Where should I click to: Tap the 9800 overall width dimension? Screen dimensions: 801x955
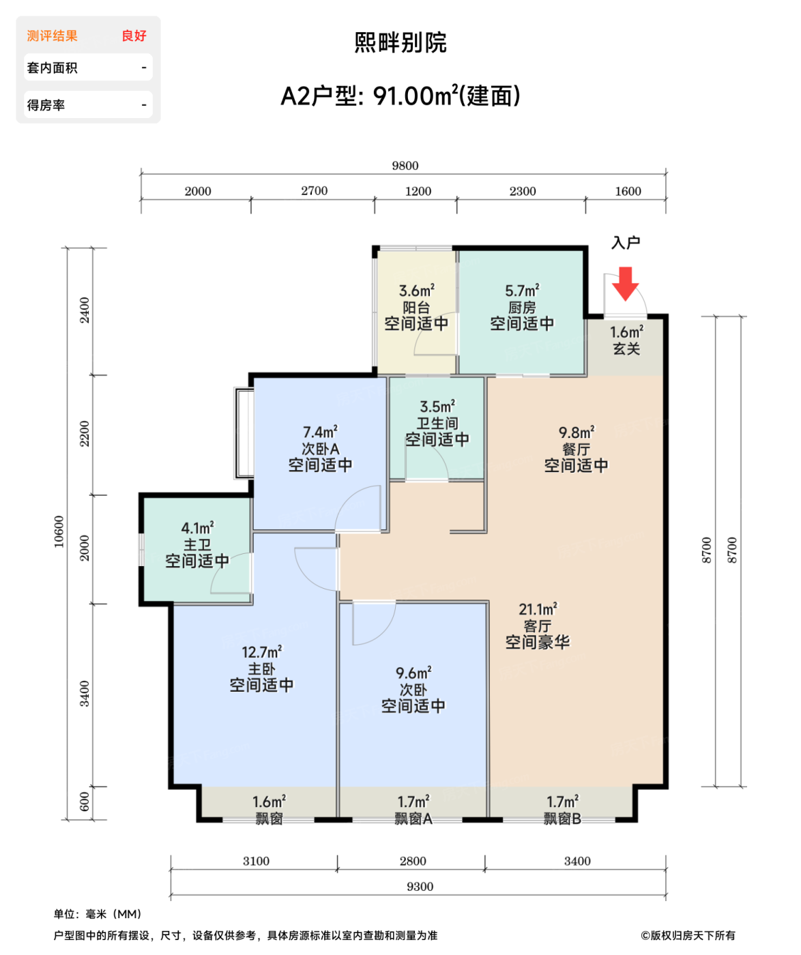click(405, 166)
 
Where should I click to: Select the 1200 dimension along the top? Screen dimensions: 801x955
click(418, 191)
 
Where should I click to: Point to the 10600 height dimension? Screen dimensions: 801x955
click(59, 531)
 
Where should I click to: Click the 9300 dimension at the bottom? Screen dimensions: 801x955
click(419, 886)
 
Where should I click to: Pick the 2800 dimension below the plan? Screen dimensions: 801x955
click(412, 861)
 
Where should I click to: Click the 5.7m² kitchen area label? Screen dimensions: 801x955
click(521, 290)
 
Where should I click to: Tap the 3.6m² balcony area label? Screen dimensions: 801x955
click(416, 290)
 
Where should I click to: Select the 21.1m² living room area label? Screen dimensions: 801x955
click(537, 608)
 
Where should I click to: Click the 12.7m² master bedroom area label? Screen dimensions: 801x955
click(261, 651)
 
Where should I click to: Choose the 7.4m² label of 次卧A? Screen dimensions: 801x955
click(320, 432)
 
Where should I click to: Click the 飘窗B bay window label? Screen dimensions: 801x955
click(562, 819)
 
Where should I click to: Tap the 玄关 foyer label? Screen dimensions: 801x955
click(626, 349)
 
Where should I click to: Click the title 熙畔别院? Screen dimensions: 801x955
click(400, 42)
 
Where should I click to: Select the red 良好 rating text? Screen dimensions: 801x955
click(134, 35)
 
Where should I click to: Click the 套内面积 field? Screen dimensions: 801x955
click(88, 68)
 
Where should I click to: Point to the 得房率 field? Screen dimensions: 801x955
click(88, 105)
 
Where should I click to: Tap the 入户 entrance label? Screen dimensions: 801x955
click(625, 242)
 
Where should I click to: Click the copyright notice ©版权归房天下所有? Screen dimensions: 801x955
click(687, 935)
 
